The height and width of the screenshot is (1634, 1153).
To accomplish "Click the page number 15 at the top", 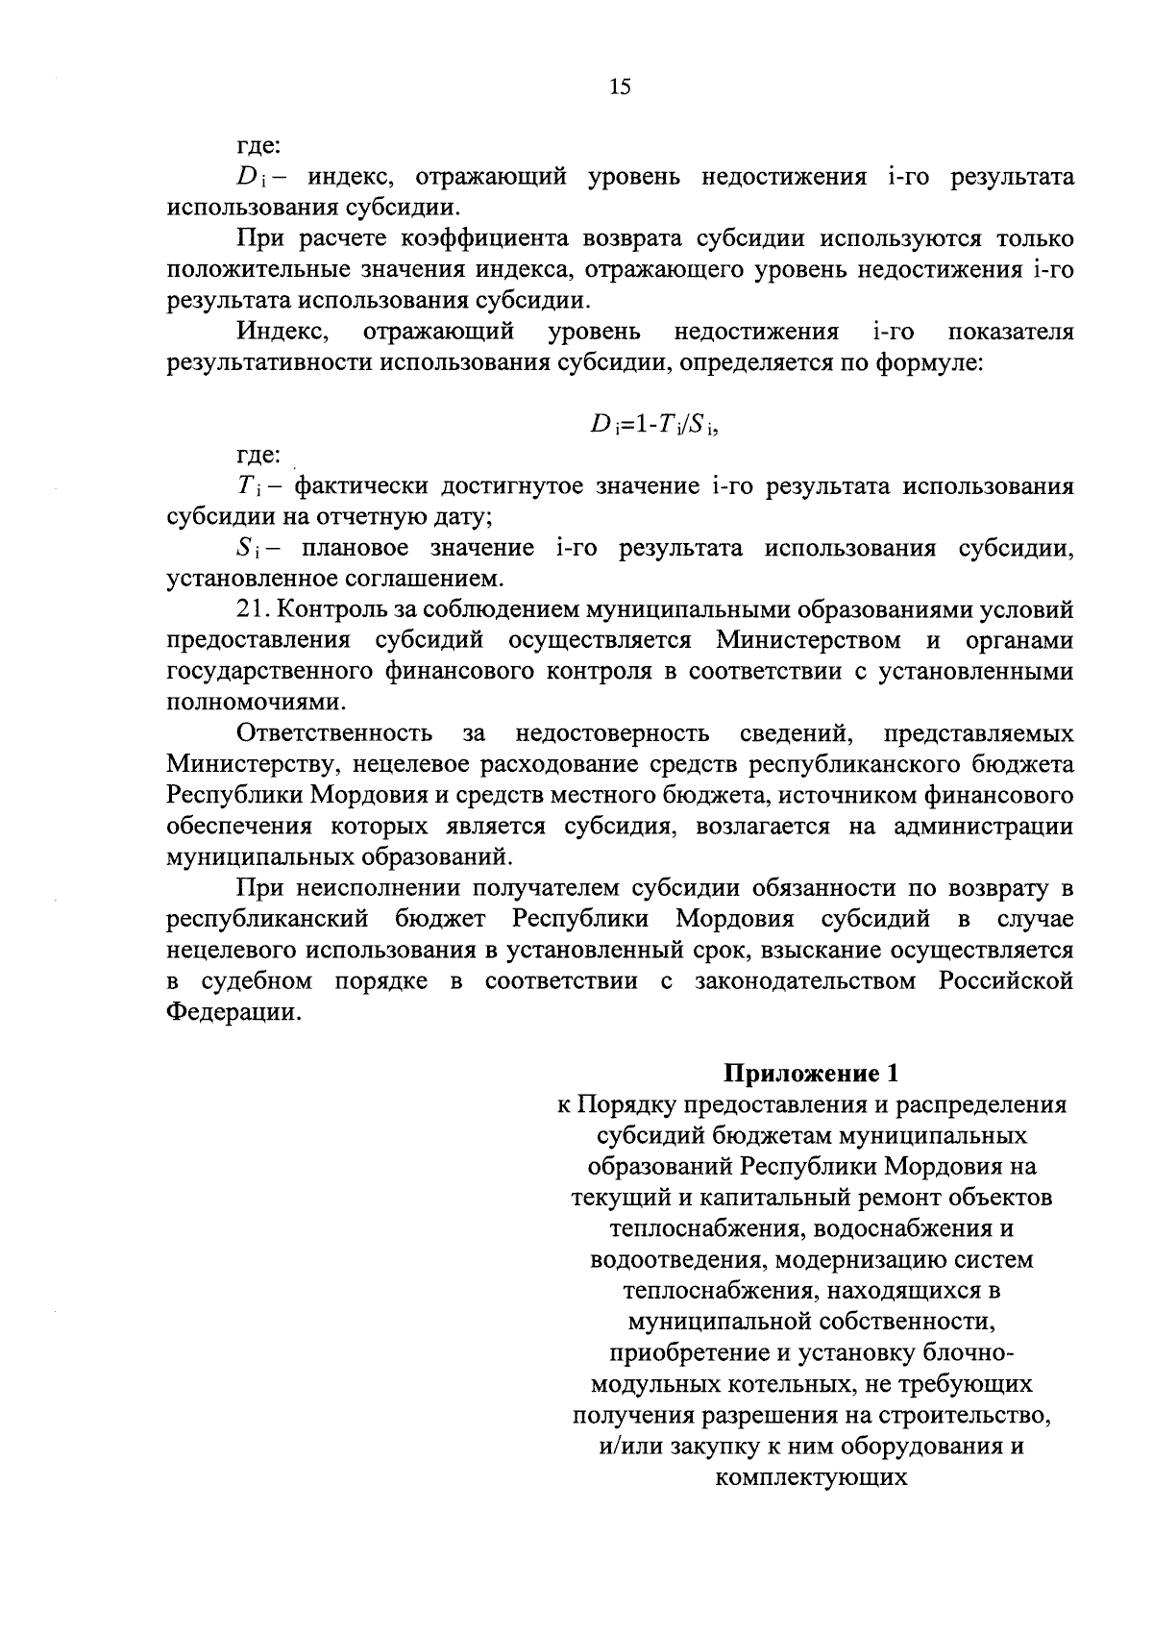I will pos(620,87).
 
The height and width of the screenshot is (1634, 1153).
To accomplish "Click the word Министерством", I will pos(808,640).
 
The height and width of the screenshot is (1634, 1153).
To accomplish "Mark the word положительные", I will pos(271,269).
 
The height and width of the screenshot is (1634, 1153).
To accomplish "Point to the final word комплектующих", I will pos(812,1476).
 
